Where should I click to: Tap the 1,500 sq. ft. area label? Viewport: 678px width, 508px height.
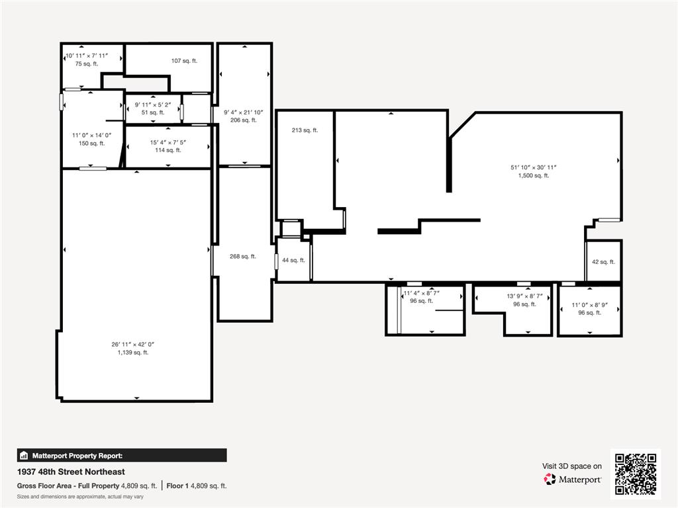[x=534, y=175]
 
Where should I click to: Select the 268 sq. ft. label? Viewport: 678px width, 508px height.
[x=243, y=257]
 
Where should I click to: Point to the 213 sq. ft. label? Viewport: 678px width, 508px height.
[x=305, y=130]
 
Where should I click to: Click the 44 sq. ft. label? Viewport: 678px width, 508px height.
[x=293, y=261]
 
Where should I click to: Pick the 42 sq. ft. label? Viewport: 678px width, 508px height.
[x=603, y=262]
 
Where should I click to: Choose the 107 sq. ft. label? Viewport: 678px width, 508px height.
[x=184, y=61]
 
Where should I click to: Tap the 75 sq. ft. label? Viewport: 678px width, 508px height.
[x=86, y=64]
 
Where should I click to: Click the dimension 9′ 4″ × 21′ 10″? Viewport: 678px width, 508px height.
[x=244, y=112]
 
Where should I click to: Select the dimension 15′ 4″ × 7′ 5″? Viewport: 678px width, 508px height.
[x=168, y=142]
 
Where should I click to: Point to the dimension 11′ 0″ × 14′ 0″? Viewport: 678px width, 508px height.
[x=92, y=135]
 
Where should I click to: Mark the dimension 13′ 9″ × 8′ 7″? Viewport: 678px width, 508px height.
[x=524, y=296]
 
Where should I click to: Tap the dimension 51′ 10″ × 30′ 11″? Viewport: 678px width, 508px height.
[x=534, y=167]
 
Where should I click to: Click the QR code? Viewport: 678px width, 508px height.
[x=635, y=474]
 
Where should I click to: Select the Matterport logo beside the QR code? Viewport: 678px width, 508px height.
[x=573, y=479]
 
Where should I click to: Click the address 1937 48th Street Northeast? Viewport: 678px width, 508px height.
[x=71, y=472]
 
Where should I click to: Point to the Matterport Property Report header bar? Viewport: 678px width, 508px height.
[x=122, y=455]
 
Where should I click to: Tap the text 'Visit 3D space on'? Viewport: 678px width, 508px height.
[x=572, y=466]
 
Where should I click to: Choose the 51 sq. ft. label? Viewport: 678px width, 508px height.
[x=153, y=112]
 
